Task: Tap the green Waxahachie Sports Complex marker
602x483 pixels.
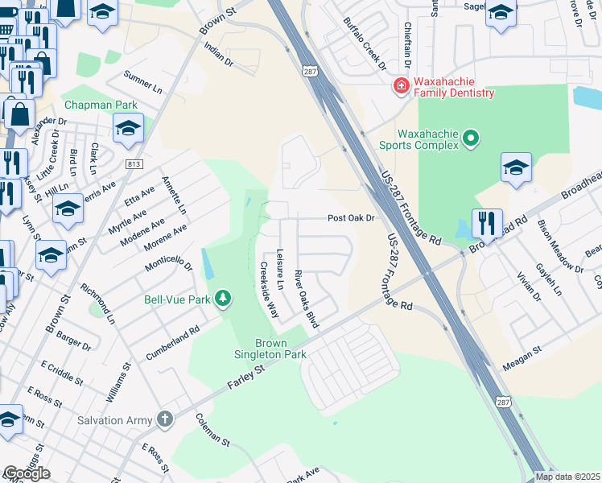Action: (x=472, y=139)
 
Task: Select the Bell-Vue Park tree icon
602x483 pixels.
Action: (x=223, y=299)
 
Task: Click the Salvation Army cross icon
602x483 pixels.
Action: (x=164, y=419)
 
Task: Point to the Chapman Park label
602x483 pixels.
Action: (x=101, y=105)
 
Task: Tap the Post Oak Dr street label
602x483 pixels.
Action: (x=352, y=218)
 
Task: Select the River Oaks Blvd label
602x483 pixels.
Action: (x=307, y=299)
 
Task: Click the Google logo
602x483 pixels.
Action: (x=27, y=473)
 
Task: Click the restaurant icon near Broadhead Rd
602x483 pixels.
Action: (x=486, y=223)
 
